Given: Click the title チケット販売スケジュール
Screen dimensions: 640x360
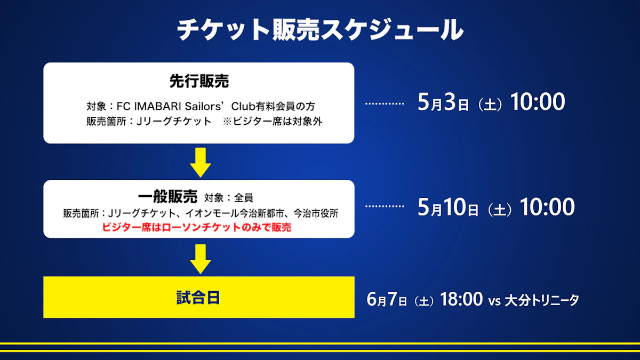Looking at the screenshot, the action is click(x=320, y=30).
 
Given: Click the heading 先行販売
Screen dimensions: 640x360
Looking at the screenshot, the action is click(x=199, y=81).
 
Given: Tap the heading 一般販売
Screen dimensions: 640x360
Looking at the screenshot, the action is click(x=167, y=197).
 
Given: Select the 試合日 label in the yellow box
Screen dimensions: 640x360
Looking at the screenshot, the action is click(x=198, y=298).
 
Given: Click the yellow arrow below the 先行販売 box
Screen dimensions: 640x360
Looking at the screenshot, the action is click(x=201, y=162).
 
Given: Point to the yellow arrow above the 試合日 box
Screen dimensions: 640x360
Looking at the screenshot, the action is click(x=201, y=259).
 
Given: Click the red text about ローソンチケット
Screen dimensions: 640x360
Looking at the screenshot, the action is click(x=197, y=227).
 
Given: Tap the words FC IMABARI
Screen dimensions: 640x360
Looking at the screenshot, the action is click(x=149, y=106).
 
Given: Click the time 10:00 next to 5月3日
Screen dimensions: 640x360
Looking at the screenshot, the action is click(x=538, y=102).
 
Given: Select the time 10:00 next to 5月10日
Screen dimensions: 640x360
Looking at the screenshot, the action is click(x=547, y=206).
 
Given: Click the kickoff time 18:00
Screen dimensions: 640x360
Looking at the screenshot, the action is click(x=461, y=299).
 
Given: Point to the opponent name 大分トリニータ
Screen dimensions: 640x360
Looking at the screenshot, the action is click(x=542, y=300).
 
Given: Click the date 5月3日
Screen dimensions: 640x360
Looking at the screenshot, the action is click(x=443, y=102).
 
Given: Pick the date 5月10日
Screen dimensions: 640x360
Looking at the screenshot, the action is click(x=448, y=207).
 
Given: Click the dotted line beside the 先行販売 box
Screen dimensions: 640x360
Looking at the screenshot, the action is click(x=385, y=103).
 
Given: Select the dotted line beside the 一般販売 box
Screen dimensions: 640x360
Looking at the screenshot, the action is click(x=385, y=206).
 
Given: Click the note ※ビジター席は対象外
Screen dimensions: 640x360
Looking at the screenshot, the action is click(x=273, y=122).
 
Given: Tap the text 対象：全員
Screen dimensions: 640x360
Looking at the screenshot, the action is click(x=229, y=198).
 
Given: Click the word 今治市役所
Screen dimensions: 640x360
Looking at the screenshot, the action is click(x=316, y=213).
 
